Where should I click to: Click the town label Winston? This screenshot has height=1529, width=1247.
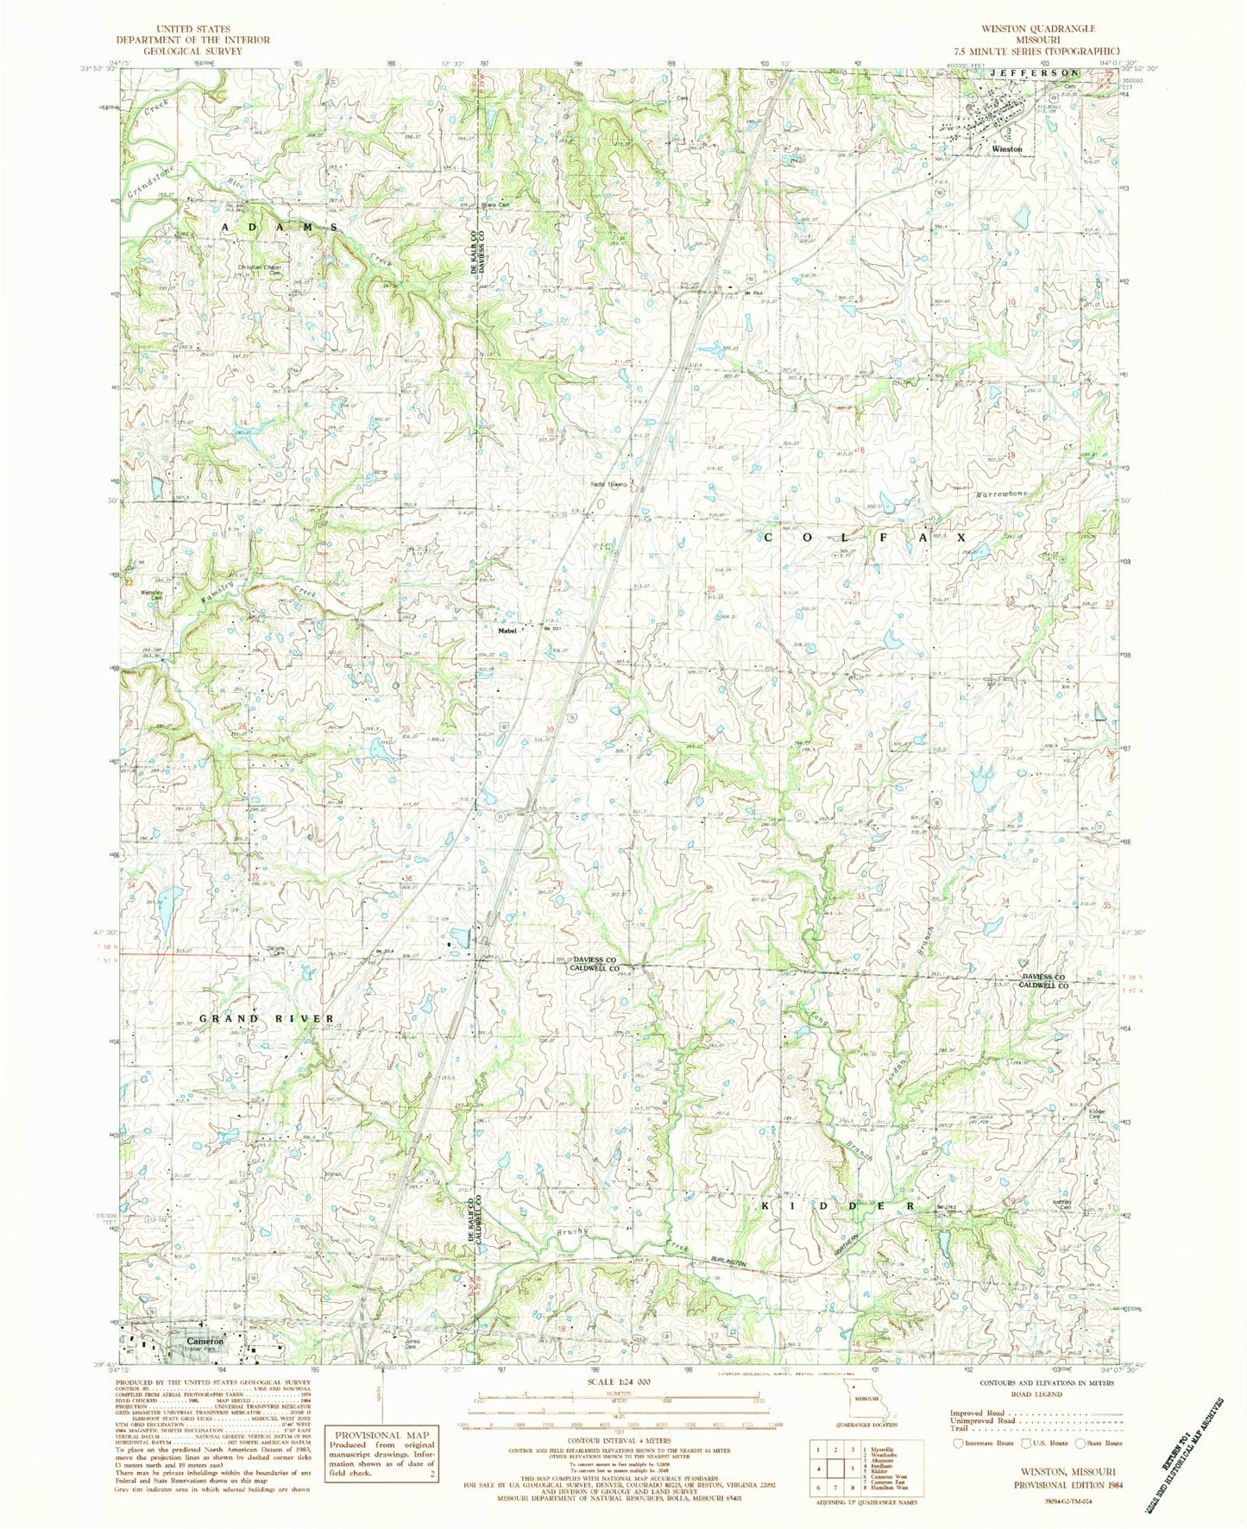tap(1006, 149)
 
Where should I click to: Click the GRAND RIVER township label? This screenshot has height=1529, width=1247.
tap(267, 1019)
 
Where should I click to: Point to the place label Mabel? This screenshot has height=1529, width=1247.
tap(507, 630)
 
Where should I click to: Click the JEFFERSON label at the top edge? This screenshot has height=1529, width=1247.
tap(1033, 74)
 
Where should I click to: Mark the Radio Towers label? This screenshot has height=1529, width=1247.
tap(608, 483)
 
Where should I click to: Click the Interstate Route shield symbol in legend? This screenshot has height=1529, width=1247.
tap(957, 1466)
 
